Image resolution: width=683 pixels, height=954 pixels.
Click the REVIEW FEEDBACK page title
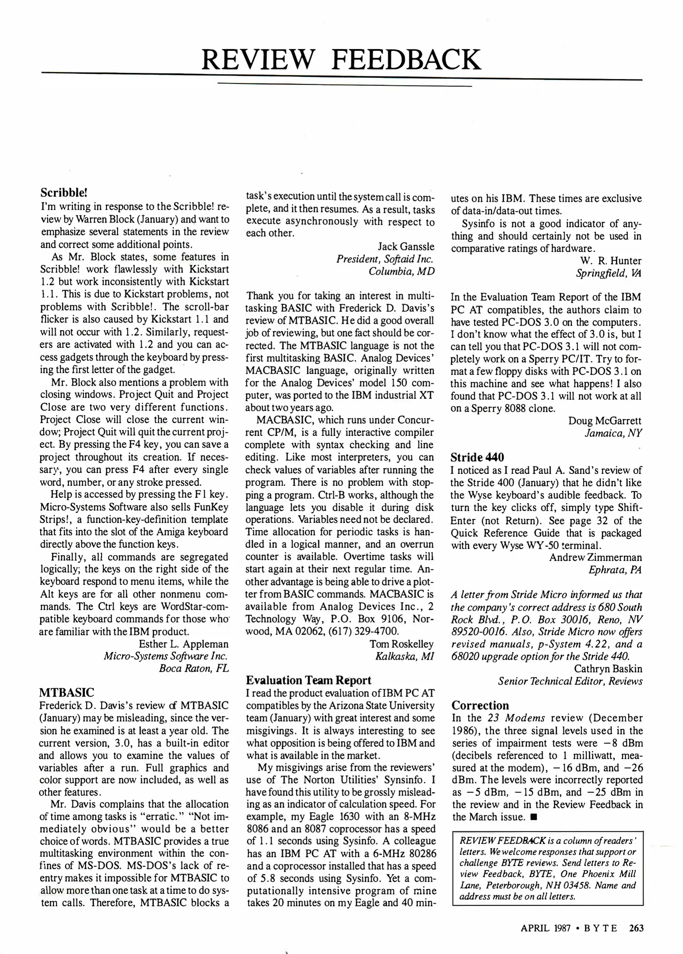click(341, 60)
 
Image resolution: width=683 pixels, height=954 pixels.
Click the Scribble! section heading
click(64, 193)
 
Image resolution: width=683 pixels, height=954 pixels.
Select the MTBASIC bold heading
click(67, 692)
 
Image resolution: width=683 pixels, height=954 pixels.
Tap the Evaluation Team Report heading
click(309, 680)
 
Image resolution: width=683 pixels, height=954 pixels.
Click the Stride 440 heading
click(477, 457)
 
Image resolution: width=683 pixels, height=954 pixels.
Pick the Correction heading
click(480, 705)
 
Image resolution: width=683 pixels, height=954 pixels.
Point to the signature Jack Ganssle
click(406, 246)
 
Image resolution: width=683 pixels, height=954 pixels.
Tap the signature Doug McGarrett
click(605, 420)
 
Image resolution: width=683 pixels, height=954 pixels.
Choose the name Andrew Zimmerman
click(596, 557)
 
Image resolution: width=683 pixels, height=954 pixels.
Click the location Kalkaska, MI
click(404, 656)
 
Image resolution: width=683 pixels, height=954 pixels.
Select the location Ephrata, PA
click(615, 570)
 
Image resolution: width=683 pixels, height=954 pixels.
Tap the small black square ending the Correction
click(534, 818)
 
